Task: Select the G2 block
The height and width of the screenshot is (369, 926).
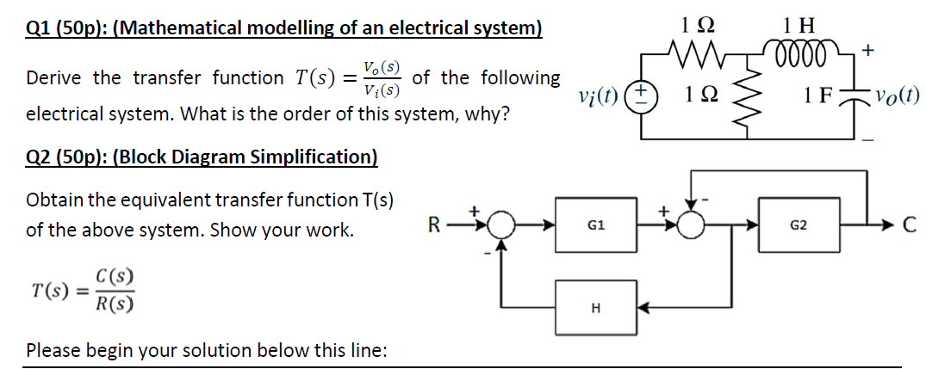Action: (798, 226)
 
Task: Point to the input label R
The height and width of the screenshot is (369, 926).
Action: (438, 227)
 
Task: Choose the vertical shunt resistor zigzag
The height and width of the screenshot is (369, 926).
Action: (754, 95)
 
